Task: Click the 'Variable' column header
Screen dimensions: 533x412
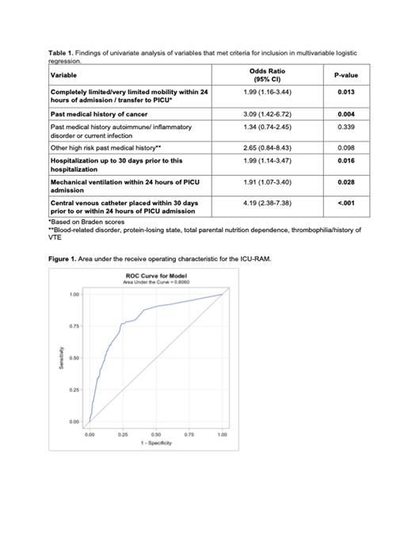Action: click(63, 76)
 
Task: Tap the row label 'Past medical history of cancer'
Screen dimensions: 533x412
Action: click(96, 115)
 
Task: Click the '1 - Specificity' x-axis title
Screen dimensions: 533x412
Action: click(156, 444)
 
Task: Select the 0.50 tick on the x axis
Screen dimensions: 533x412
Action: click(156, 435)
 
